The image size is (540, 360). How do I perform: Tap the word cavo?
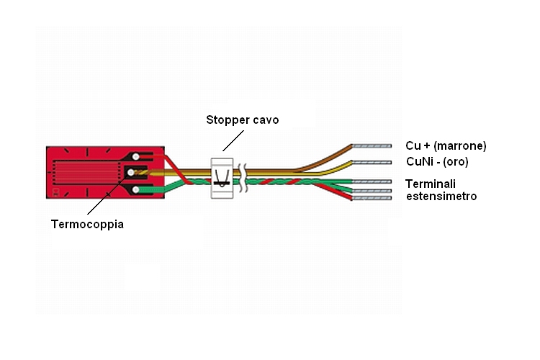coord(266,120)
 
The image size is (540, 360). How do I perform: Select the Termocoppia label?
coord(87,224)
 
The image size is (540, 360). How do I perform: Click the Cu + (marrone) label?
coord(446,145)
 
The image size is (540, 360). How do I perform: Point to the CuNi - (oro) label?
coord(437,161)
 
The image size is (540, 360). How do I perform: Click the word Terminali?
coord(431,184)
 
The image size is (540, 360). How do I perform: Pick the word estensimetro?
coord(441,197)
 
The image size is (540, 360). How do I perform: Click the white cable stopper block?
coord(222,178)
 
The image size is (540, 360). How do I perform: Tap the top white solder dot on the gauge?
coord(136,157)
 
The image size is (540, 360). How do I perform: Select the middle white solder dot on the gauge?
coord(131,172)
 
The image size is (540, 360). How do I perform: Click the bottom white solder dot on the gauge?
coord(136,189)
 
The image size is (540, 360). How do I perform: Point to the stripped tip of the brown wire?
coord(372,146)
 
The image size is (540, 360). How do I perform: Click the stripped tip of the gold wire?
coord(372,162)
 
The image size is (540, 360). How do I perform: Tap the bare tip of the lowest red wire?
coord(372,198)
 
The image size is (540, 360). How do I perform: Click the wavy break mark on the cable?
coord(243,178)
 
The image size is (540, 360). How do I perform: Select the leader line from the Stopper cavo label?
coord(233,140)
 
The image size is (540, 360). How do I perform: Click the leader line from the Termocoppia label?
coord(107,194)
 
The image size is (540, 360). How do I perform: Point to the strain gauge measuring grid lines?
coord(86,172)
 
